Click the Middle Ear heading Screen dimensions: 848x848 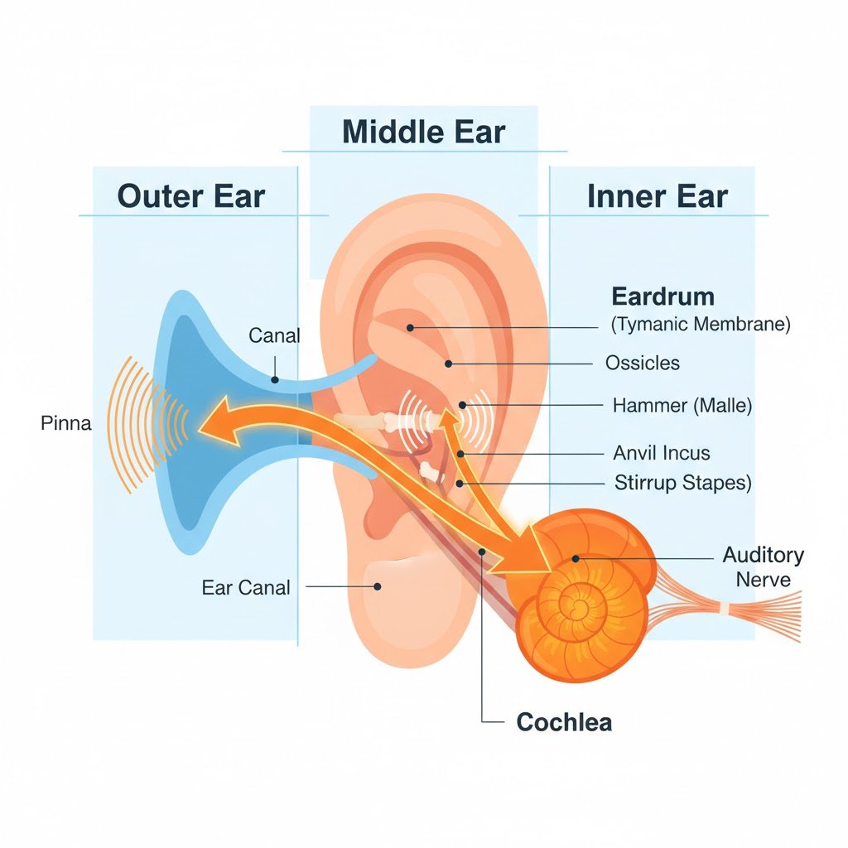coord(423,132)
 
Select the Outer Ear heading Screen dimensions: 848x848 coord(191,196)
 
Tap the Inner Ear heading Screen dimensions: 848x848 coord(657,196)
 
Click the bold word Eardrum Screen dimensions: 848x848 coord(662,296)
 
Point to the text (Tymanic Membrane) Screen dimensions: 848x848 coord(701,325)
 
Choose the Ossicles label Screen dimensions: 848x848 coord(642,363)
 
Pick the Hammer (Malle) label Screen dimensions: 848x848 coord(682,406)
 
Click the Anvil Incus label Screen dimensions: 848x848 coord(661,453)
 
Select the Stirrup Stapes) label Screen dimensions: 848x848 coord(682,482)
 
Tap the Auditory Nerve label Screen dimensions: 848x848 coord(763,566)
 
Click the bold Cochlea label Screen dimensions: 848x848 coord(564,721)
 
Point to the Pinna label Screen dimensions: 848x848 coord(65,424)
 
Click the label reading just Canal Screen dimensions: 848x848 coord(274,335)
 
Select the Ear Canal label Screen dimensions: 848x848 coord(246,588)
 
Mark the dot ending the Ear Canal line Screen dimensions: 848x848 coord(377,586)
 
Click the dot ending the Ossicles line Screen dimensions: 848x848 coord(448,364)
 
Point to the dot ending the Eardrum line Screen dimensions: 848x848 coord(410,328)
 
